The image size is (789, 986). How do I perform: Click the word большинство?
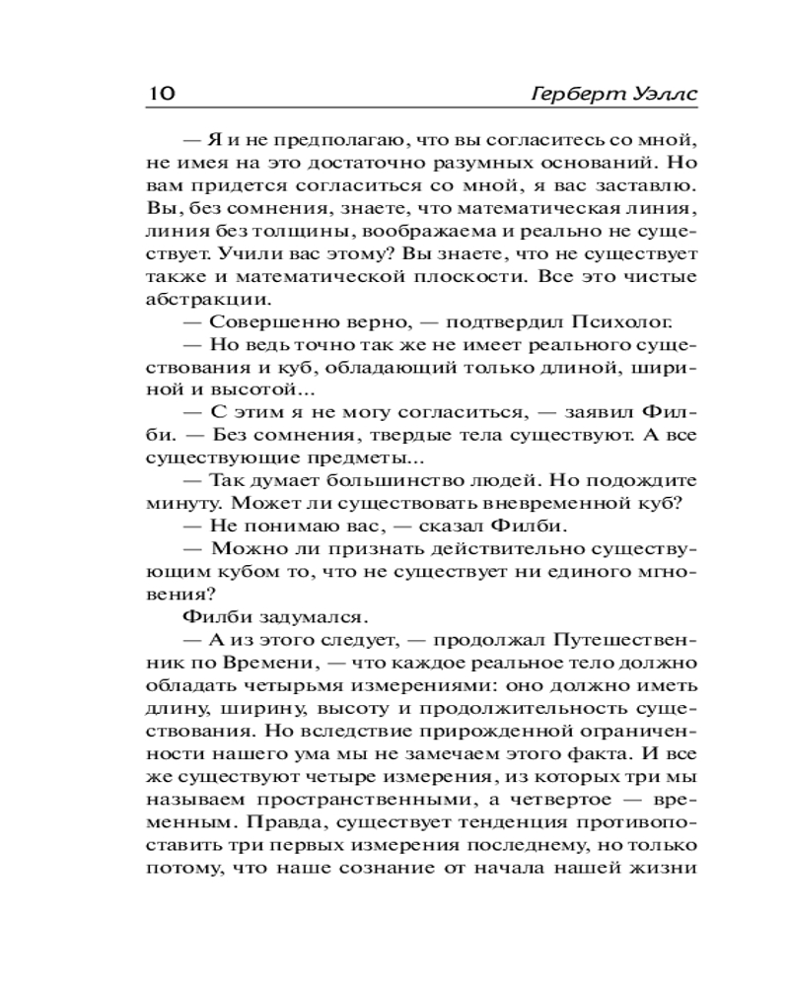[x=381, y=480]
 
